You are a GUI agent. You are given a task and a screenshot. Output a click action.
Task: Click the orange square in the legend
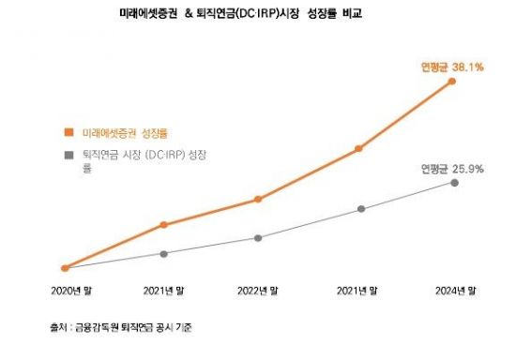pos(67,133)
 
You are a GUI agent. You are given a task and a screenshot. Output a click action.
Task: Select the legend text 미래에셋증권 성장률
pos(117,133)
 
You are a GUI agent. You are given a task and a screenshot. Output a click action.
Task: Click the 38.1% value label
pos(465,67)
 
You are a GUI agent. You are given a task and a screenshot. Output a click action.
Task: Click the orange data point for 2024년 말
pos(454,82)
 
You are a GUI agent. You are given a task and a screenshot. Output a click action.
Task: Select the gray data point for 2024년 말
pos(454,182)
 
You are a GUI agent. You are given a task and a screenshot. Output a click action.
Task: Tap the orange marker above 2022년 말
pos(258,199)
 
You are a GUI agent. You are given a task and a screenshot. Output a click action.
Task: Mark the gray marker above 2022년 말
pos(258,238)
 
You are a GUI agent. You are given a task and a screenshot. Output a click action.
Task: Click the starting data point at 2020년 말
pos(65,268)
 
